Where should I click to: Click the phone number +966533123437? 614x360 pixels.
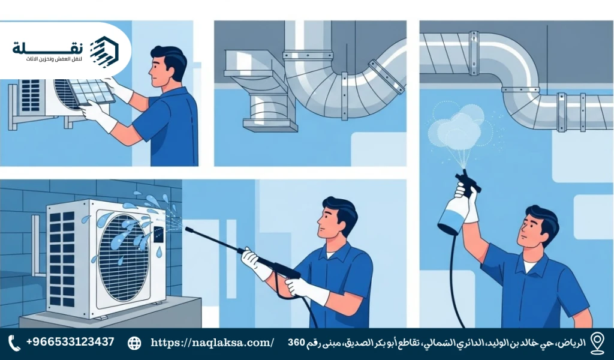coord(70,342)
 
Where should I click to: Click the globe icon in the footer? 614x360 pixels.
coord(135,343)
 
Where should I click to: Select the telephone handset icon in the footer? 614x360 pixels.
coord(14,343)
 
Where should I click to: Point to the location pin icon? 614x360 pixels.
coord(597,342)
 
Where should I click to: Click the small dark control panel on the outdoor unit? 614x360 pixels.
coord(158,233)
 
